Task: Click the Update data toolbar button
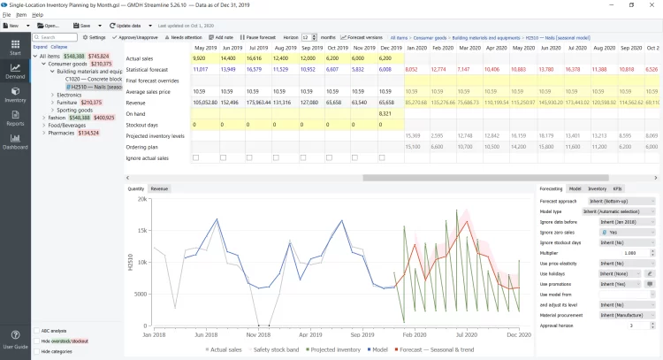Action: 126,26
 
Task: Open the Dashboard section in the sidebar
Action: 15,142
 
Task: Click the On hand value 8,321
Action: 385,113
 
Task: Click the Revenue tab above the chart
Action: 160,188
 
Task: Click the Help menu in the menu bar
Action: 37,15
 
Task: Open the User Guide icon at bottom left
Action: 15,341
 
